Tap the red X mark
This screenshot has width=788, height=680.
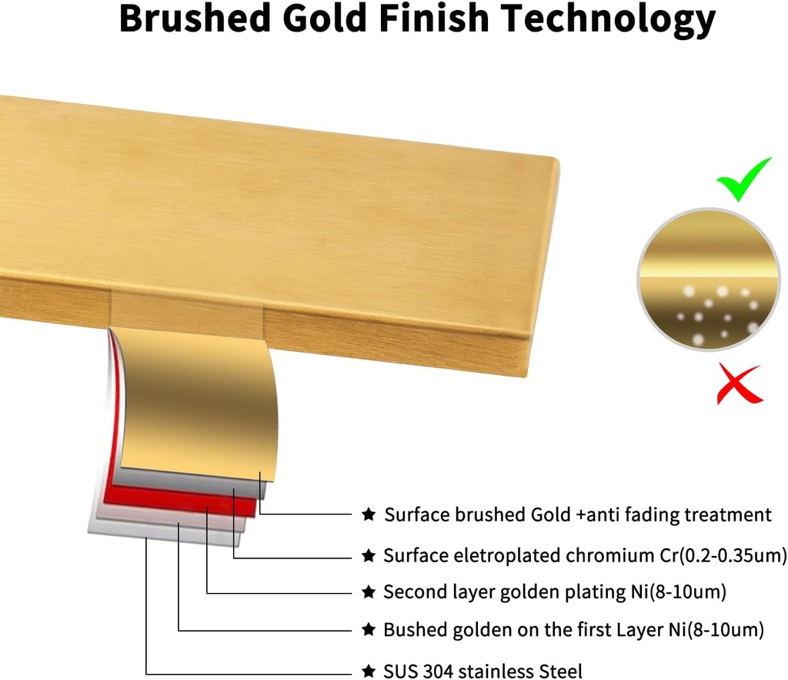(x=739, y=384)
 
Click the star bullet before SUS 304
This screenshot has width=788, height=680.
(x=369, y=671)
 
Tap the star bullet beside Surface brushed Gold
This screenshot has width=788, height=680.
(x=369, y=514)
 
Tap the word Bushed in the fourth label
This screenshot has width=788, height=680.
(x=414, y=630)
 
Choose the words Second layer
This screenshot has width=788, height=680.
(x=439, y=591)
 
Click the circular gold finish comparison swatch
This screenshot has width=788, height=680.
(x=709, y=280)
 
